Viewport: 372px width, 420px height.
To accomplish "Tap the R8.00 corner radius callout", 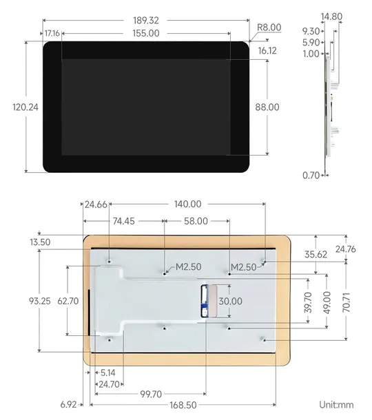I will (x=269, y=28).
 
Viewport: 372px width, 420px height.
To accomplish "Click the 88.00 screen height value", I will (x=267, y=107).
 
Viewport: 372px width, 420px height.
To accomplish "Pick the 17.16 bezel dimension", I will (x=52, y=33).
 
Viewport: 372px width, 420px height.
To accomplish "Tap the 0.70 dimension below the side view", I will (x=311, y=176).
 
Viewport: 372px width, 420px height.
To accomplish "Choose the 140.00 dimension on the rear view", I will (x=187, y=204).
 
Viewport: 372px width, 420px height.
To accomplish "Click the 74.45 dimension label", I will (x=124, y=221).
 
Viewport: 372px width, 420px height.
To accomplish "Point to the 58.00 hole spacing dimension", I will (x=196, y=221).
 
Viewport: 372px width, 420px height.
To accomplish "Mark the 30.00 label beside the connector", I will (x=230, y=301).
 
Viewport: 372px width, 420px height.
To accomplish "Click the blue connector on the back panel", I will (x=205, y=302).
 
